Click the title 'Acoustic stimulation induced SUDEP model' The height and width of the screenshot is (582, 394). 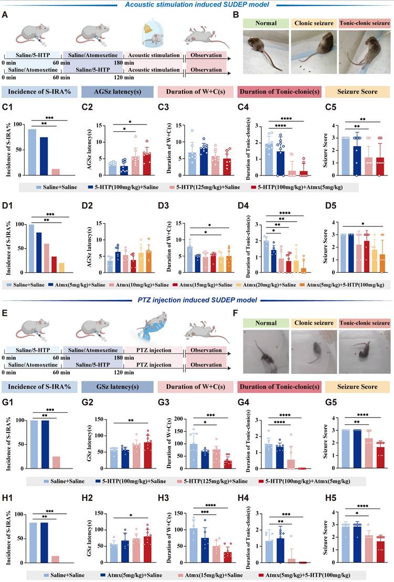click(x=197, y=4)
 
